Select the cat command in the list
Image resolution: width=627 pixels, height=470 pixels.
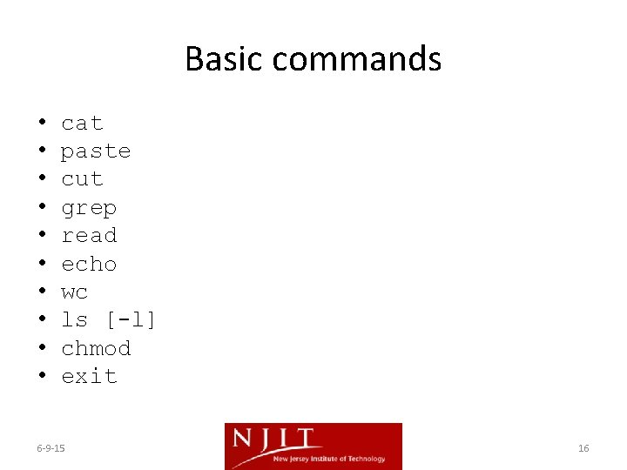[x=82, y=124]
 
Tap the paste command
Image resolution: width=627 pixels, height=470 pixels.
[x=96, y=151]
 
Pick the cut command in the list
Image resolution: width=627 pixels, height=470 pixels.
[x=82, y=179]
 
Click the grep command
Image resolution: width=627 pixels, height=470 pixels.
[x=89, y=209]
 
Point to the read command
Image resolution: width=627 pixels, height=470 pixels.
[x=89, y=236]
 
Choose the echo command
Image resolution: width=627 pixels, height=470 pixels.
[x=89, y=264]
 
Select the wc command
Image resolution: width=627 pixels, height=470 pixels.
[x=75, y=292]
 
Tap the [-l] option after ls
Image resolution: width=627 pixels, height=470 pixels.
[x=131, y=319]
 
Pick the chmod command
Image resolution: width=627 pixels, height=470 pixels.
[x=96, y=348]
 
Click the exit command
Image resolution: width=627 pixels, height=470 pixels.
[x=89, y=376]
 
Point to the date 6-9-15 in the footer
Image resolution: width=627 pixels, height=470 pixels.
[x=51, y=448]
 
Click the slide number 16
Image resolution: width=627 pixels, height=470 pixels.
[x=583, y=448]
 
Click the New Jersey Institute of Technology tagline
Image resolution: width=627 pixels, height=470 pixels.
[x=329, y=459]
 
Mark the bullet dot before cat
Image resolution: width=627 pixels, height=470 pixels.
[x=42, y=124]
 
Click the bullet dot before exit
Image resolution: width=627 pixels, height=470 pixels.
[x=42, y=376]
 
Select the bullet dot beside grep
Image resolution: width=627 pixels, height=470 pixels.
[x=42, y=208]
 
